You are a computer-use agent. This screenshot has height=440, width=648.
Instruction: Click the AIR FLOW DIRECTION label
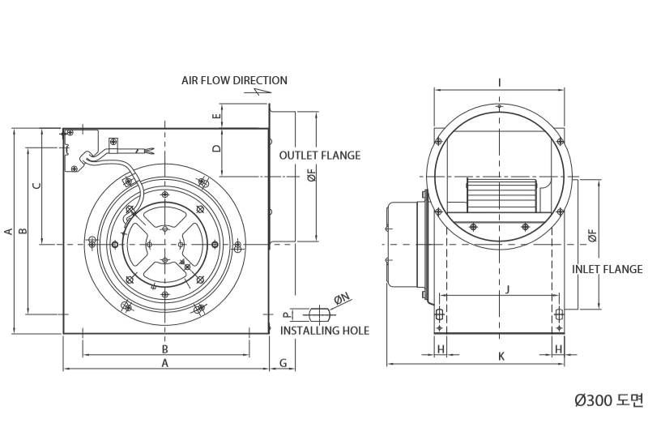234,80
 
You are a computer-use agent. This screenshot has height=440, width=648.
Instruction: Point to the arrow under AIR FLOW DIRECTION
258,92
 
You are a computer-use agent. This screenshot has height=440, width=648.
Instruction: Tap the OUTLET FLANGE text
320,156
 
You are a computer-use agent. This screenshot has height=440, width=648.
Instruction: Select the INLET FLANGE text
607,269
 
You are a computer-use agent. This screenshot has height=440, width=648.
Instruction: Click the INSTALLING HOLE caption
325,331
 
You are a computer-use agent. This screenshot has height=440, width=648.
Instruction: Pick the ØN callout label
342,298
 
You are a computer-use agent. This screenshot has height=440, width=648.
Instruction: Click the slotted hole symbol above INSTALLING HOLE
320,314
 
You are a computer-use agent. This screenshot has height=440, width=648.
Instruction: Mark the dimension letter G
283,363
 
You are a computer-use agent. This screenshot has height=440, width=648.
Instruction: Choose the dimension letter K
501,357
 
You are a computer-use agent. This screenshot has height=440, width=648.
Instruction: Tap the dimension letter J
508,288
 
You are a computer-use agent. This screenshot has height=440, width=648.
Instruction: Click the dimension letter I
500,83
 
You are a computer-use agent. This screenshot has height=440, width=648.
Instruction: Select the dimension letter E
217,116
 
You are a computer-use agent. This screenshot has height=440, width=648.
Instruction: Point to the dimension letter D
217,148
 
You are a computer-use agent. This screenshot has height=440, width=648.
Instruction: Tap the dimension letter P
287,315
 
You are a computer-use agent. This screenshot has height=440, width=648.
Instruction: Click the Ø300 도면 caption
609,399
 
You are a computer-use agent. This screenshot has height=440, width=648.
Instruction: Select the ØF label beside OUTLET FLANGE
312,175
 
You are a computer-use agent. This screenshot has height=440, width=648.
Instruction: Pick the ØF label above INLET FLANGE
592,236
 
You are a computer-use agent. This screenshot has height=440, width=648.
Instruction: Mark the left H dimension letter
441,349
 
